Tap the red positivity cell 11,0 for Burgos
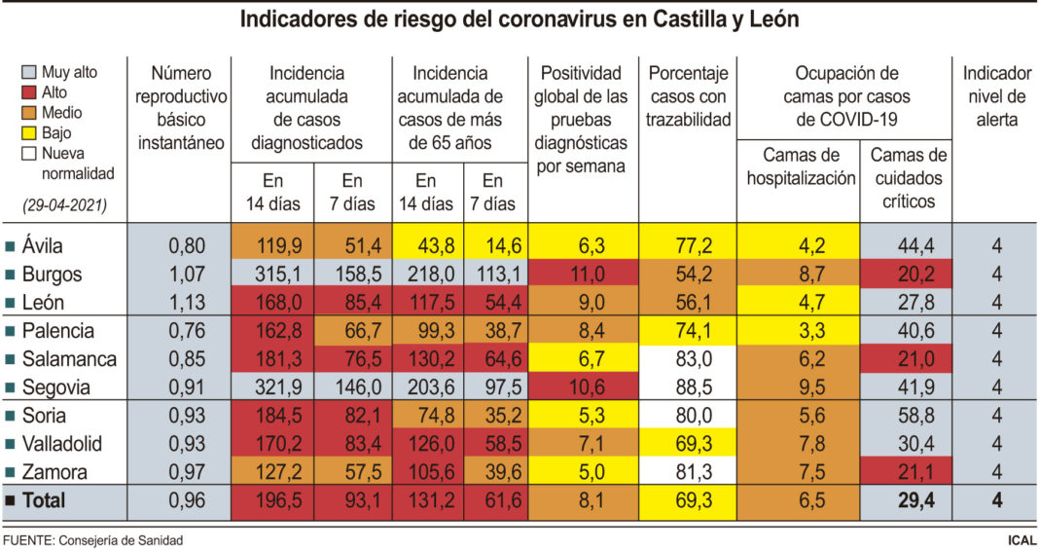(x=584, y=275)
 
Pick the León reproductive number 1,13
(x=180, y=302)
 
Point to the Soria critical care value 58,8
(x=907, y=416)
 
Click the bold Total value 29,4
(x=907, y=501)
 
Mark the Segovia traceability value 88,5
(x=689, y=387)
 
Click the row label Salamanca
(x=68, y=359)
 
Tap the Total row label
(x=46, y=501)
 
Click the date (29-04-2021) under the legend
(x=64, y=205)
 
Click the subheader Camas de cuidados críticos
(x=907, y=178)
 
